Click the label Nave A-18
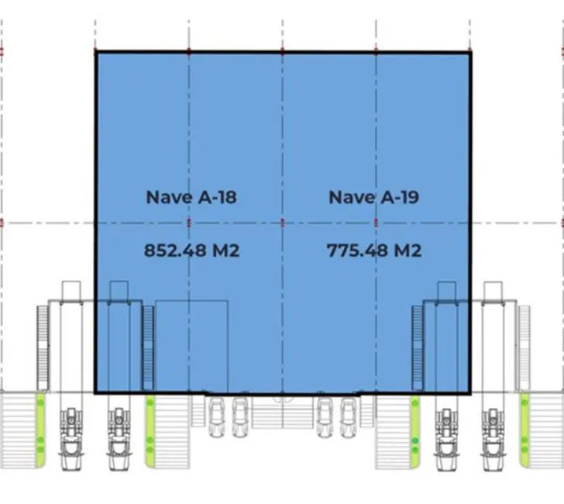pos(191,197)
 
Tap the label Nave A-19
pos(374,197)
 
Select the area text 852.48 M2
pos(191,250)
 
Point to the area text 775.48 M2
pos(374,250)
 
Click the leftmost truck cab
pos(71,439)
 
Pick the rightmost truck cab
pos(493,439)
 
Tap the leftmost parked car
pos(217,417)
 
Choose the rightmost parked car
pos(348,417)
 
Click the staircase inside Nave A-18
pos(148,347)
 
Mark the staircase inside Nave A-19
pos(418,347)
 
